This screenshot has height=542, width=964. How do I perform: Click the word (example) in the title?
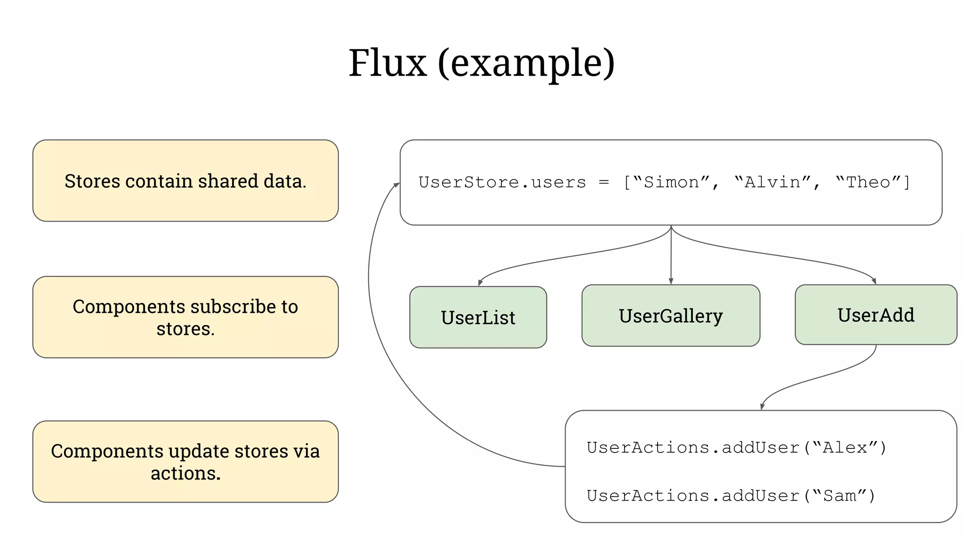pos(526,64)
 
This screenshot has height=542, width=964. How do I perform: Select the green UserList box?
pos(478,318)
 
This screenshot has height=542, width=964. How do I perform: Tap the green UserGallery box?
pos(670,316)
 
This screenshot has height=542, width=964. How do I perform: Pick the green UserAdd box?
pos(876,315)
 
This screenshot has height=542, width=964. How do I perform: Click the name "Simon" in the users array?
pos(671,182)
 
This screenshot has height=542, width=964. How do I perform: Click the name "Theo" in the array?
pos(868,182)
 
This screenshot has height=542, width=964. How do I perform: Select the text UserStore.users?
pos(502,182)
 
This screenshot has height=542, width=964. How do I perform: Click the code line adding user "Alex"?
pos(736,447)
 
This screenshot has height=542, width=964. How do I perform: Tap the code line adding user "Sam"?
pos(731,496)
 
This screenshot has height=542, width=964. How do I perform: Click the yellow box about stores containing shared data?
pos(185,181)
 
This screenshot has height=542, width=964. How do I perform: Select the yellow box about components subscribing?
pos(185,317)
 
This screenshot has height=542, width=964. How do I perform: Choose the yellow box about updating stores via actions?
pos(185,462)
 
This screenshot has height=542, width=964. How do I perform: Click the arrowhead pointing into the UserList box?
pos(480,283)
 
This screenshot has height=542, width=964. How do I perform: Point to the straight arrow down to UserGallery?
pos(671,256)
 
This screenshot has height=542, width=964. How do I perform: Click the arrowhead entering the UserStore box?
pos(397,185)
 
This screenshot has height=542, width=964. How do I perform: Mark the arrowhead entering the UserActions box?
pos(762,406)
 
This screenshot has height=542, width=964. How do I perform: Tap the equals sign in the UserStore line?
pos(604,183)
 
